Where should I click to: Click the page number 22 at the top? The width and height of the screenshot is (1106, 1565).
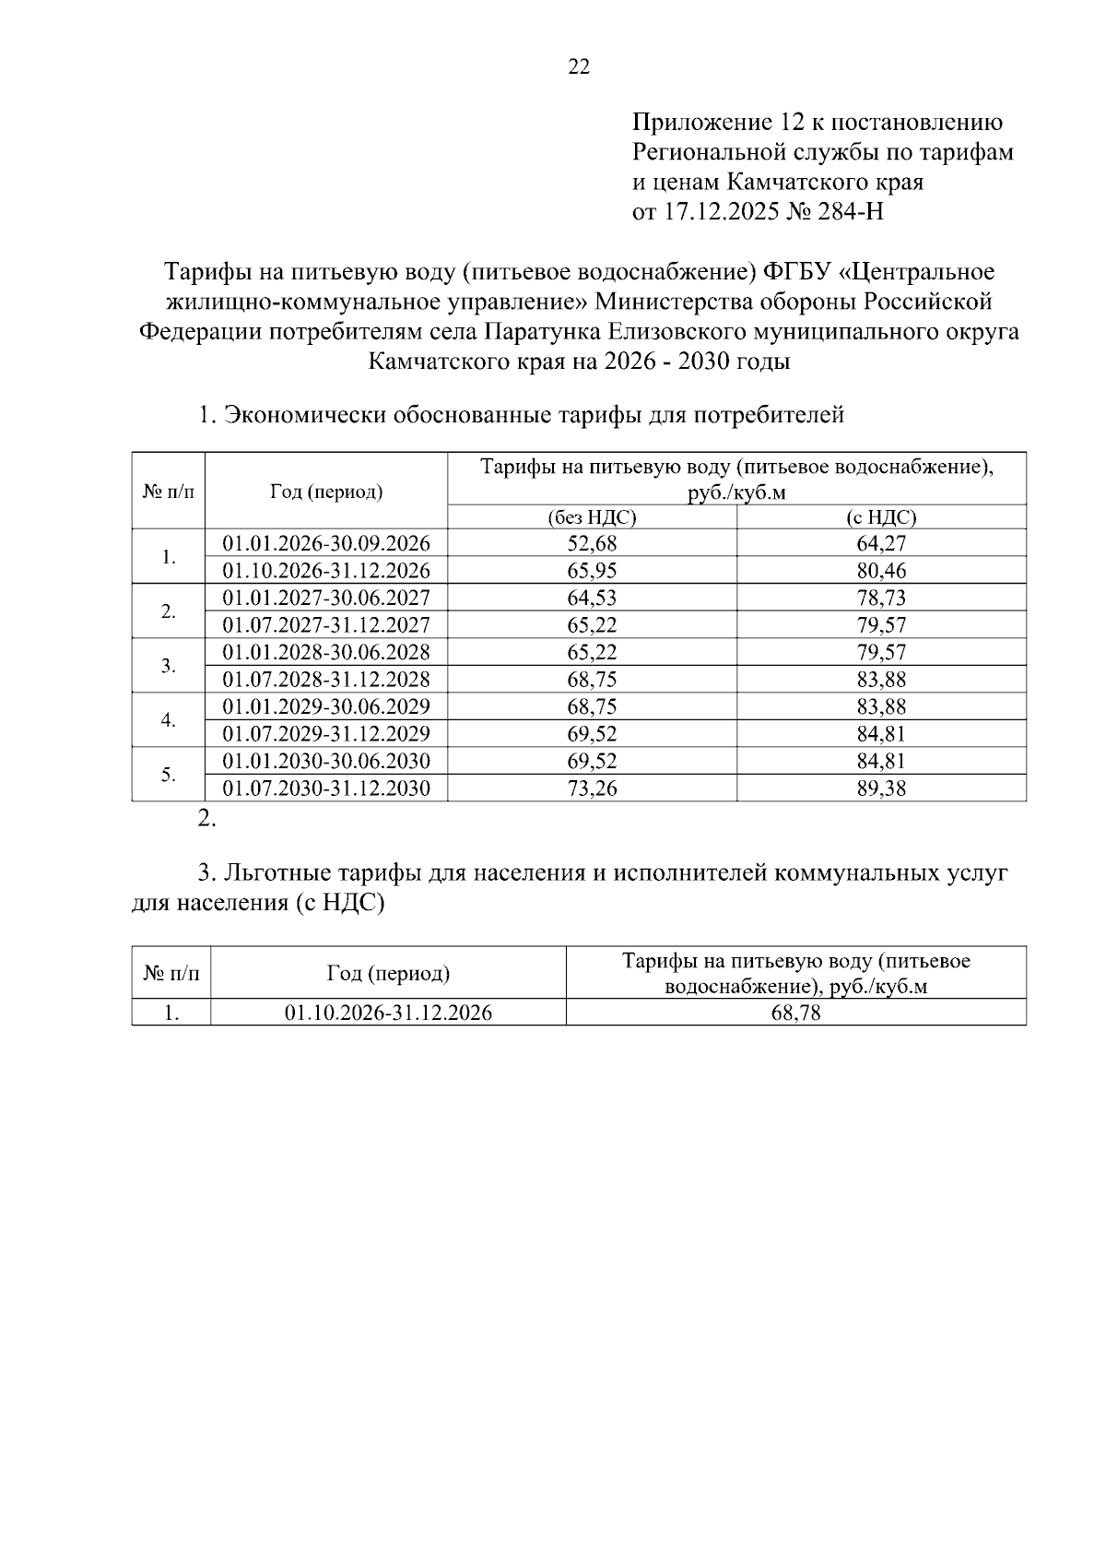click(x=579, y=66)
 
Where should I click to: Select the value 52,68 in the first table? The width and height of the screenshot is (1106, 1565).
click(x=592, y=543)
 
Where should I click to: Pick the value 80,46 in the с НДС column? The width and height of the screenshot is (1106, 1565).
click(x=881, y=570)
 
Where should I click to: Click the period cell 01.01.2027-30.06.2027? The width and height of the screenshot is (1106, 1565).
click(x=326, y=598)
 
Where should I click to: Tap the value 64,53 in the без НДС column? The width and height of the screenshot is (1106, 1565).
click(x=592, y=598)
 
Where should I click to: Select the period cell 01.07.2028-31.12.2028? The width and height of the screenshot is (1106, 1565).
click(x=326, y=680)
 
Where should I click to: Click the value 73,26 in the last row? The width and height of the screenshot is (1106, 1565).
click(x=592, y=788)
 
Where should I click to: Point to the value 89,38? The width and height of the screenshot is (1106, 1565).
click(x=881, y=788)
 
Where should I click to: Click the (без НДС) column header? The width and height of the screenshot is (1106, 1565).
click(x=592, y=517)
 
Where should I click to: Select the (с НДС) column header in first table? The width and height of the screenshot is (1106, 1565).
click(x=881, y=517)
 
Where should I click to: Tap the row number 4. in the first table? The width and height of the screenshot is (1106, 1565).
click(x=169, y=720)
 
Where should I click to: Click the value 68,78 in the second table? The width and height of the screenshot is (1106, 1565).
click(x=795, y=1013)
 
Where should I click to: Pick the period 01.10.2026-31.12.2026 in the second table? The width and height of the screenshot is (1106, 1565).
click(x=388, y=1013)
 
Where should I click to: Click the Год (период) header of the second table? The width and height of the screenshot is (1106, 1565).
click(x=388, y=973)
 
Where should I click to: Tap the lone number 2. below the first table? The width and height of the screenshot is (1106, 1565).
click(x=206, y=818)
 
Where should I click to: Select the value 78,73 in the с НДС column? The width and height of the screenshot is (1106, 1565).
click(x=881, y=598)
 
